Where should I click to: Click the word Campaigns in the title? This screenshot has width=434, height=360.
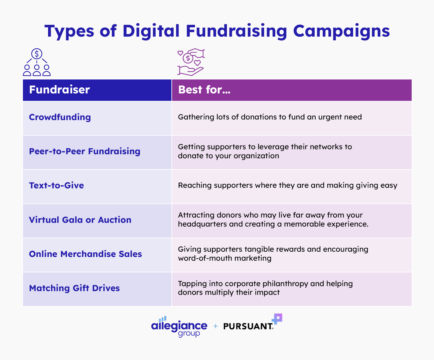pyautogui.click(x=341, y=31)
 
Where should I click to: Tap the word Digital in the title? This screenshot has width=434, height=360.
pyautogui.click(x=151, y=31)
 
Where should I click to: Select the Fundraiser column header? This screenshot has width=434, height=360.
pyautogui.click(x=60, y=90)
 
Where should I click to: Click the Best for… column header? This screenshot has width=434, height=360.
pyautogui.click(x=204, y=90)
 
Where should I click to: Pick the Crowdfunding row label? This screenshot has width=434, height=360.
pyautogui.click(x=60, y=117)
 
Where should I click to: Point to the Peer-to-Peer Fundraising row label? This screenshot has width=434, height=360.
pyautogui.click(x=85, y=151)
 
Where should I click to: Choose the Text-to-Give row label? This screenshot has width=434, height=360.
pyautogui.click(x=56, y=186)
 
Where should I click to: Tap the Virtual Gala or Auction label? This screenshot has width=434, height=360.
pyautogui.click(x=80, y=220)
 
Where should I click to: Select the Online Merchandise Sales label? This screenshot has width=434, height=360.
pyautogui.click(x=85, y=254)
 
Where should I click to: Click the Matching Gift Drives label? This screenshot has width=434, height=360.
pyautogui.click(x=74, y=288)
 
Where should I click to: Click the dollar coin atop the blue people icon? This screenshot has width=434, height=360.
pyautogui.click(x=37, y=54)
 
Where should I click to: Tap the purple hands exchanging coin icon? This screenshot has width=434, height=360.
pyautogui.click(x=191, y=62)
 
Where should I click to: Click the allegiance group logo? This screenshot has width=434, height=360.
pyautogui.click(x=179, y=327)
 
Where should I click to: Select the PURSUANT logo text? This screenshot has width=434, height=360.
pyautogui.click(x=248, y=326)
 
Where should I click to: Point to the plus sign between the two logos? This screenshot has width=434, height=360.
pyautogui.click(x=215, y=326)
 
